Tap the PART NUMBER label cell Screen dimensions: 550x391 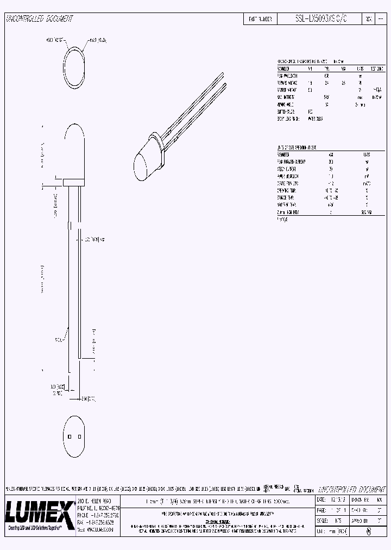point(260,18)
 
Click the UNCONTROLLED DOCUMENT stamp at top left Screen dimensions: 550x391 point(39,18)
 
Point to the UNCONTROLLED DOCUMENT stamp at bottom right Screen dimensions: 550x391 point(349,489)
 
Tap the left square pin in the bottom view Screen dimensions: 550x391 point(70,436)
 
